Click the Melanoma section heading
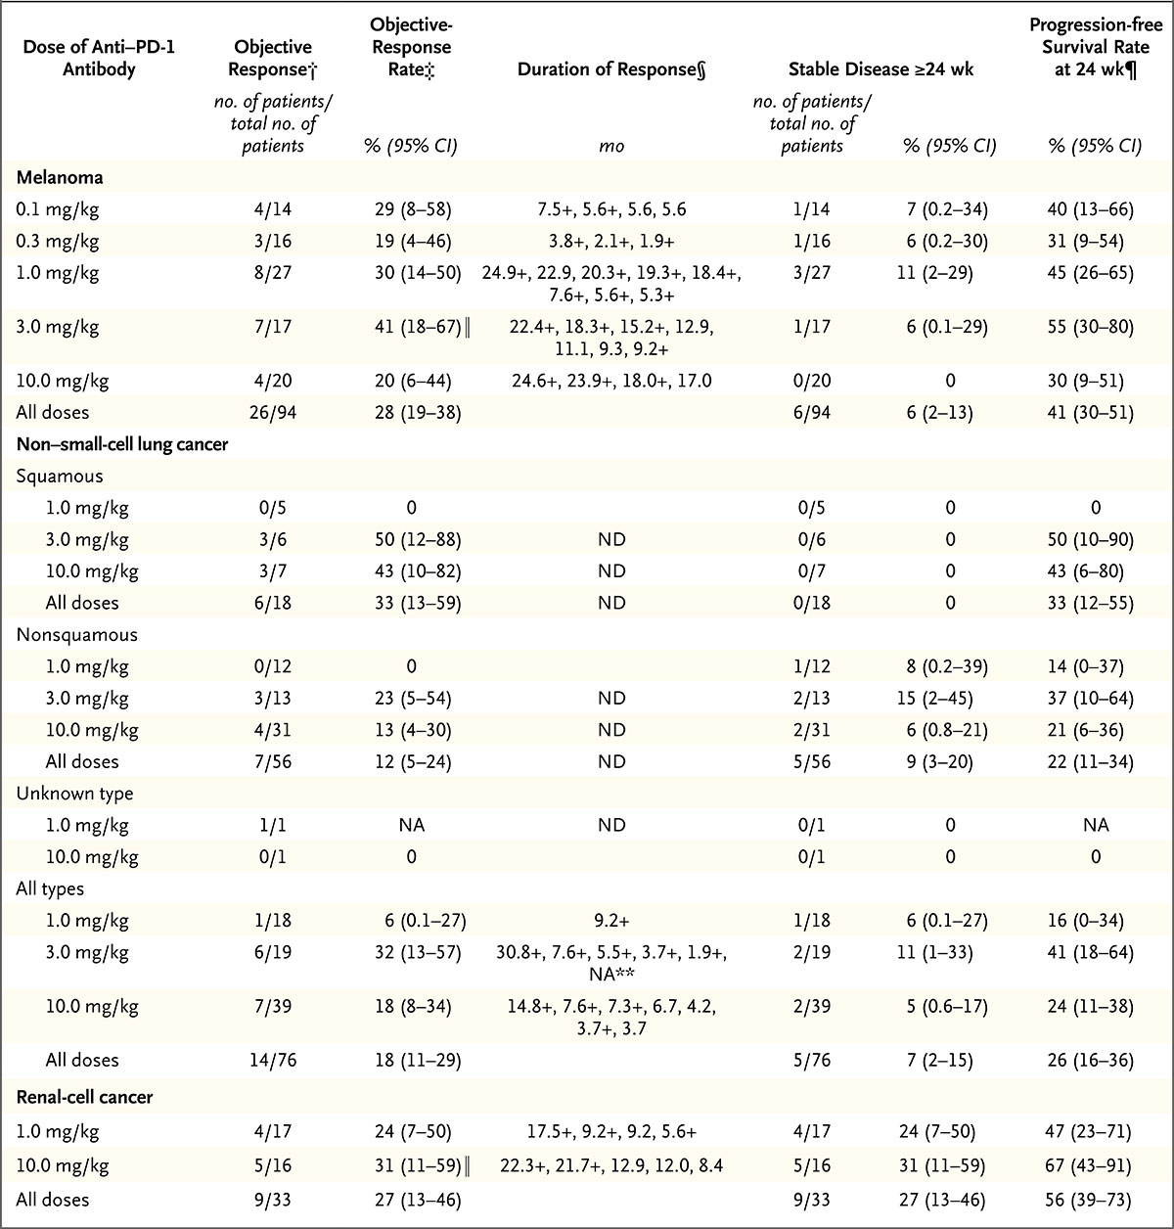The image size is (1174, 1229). click(x=60, y=177)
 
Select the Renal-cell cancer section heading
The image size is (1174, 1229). click(x=84, y=1097)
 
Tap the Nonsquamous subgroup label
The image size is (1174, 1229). click(x=76, y=634)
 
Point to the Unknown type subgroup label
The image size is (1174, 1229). click(x=74, y=794)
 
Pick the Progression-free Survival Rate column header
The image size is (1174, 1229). click(x=1095, y=57)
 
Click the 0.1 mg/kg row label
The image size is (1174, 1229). click(x=57, y=209)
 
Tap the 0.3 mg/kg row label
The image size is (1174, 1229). click(x=57, y=241)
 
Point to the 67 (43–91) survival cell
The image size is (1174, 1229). click(x=1095, y=1167)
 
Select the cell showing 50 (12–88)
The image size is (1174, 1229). click(x=411, y=539)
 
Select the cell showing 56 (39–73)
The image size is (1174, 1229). click(x=1095, y=1200)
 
